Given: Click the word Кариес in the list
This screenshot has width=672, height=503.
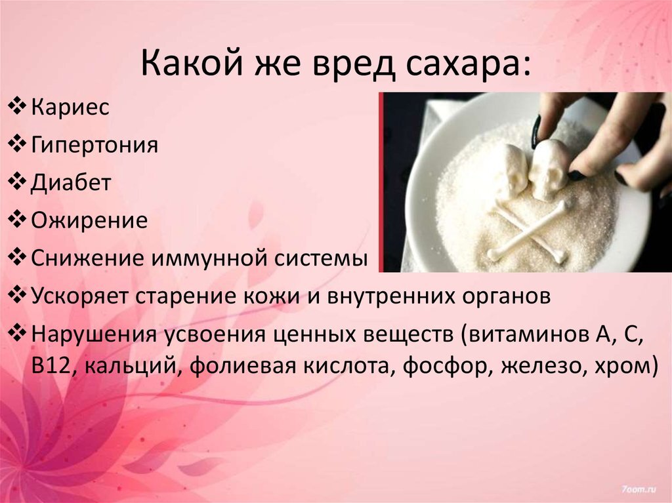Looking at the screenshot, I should click(x=70, y=106).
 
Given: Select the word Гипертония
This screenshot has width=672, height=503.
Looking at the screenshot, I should click(x=94, y=144).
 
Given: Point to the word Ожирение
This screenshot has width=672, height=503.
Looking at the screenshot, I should click(x=89, y=219).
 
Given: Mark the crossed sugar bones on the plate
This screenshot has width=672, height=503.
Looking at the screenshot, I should click(x=528, y=233).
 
